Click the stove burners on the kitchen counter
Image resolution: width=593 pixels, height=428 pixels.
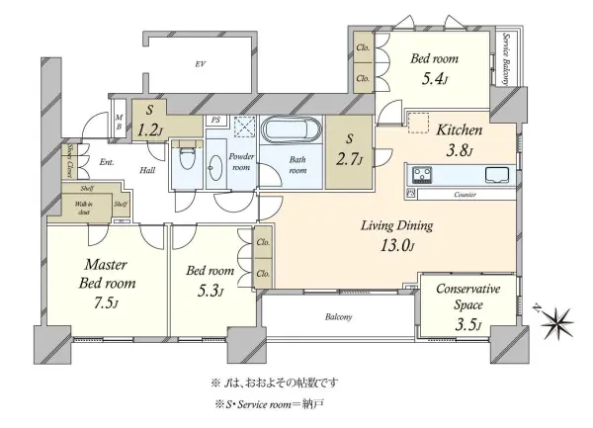[x=422, y=176]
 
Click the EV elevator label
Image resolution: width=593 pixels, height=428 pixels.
[x=200, y=65]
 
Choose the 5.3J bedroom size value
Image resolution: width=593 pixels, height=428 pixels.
[x=208, y=291]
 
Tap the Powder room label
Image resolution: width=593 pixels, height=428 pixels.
[x=242, y=162]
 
